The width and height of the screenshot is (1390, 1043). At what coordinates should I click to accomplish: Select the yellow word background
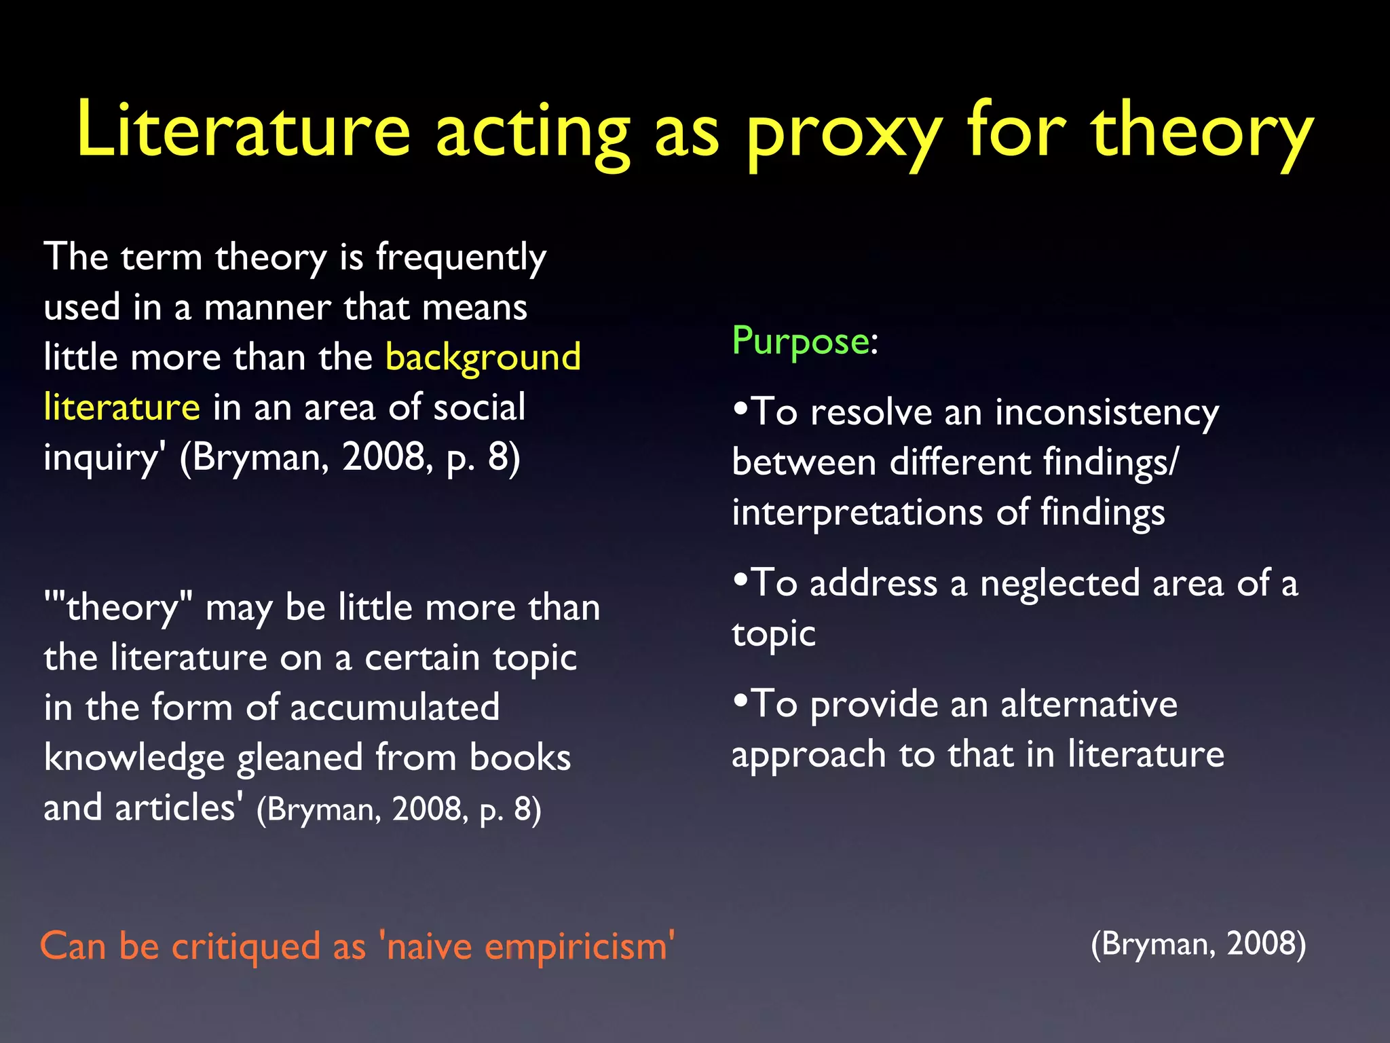click(x=483, y=357)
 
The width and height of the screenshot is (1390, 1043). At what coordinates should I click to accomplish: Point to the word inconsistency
click(x=1106, y=412)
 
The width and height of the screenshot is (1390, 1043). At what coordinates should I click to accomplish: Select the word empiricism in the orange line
click(x=576, y=946)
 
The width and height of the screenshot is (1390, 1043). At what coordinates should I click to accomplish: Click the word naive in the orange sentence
click(x=429, y=946)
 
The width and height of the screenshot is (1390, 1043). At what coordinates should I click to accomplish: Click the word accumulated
click(x=395, y=708)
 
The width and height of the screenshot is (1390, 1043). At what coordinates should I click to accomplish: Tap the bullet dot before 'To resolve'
click(x=740, y=409)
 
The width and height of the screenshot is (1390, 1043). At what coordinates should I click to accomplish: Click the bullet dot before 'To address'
click(x=740, y=581)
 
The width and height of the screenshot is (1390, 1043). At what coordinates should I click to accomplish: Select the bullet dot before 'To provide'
click(x=740, y=701)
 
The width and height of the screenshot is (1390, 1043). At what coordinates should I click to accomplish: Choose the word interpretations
click(x=857, y=513)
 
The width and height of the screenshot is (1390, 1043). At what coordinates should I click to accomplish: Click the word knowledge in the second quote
click(x=134, y=758)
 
